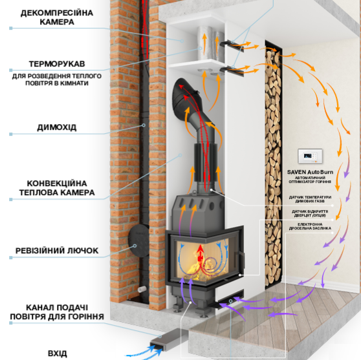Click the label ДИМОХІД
(57, 127)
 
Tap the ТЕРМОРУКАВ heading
(57, 64)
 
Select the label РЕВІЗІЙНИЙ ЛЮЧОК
(57, 251)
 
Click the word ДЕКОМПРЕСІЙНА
(57, 13)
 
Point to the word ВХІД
(58, 353)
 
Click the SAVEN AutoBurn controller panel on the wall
(310, 156)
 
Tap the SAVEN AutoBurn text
(310, 172)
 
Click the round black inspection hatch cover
(139, 240)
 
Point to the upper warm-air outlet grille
(232, 45)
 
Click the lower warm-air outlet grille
(232, 70)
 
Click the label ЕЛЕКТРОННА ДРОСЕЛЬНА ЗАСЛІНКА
(310, 226)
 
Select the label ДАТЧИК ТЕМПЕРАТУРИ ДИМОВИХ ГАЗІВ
(310, 199)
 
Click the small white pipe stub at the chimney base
(142, 289)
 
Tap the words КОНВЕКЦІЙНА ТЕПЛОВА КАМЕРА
(57, 188)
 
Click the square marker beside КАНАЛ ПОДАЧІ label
(11, 323)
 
